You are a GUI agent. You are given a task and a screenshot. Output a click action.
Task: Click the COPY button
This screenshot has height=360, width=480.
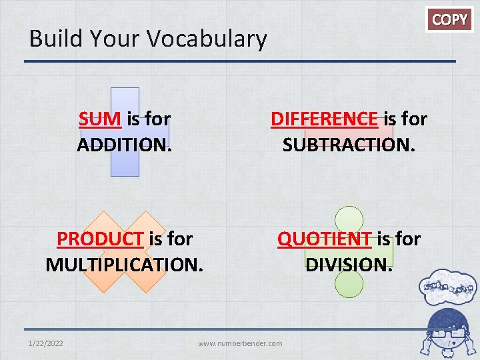click(450, 20)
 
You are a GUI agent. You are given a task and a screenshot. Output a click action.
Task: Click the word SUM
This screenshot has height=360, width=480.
click(99, 119)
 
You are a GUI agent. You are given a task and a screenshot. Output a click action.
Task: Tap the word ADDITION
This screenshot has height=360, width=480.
click(125, 145)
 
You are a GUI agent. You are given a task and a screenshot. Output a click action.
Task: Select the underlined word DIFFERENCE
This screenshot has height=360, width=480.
click(323, 119)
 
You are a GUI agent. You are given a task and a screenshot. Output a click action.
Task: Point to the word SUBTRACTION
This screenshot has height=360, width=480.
click(349, 145)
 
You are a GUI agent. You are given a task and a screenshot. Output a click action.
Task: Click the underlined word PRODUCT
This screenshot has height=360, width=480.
click(100, 239)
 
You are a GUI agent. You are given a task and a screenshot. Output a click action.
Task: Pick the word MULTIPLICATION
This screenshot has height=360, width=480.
click(124, 264)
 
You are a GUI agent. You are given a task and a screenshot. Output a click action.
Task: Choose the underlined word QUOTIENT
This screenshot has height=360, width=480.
click(325, 239)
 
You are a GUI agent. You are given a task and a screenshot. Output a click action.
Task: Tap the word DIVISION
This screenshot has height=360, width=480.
click(349, 264)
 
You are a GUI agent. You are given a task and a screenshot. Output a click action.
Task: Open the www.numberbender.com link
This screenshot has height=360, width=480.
click(240, 343)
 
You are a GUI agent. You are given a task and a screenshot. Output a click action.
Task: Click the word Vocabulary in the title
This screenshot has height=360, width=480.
click(207, 39)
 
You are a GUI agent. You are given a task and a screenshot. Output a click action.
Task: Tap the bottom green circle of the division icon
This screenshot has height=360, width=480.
click(349, 284)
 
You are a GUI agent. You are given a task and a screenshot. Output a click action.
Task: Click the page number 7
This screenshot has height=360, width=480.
click(450, 344)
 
